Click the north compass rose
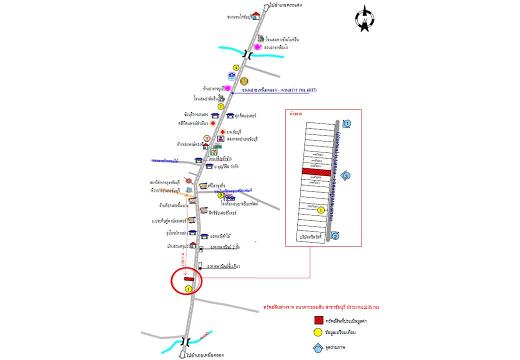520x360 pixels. click(365, 19)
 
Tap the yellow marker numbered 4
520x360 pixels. click(236, 67)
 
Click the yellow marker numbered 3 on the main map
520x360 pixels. click(221, 106)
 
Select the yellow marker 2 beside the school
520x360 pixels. click(220, 195)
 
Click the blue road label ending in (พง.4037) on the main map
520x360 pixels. click(276, 90)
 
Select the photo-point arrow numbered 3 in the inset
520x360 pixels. click(346, 175)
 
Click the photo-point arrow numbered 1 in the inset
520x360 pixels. click(347, 123)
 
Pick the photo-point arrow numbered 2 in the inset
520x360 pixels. click(335, 236)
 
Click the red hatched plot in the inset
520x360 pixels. click(316, 172)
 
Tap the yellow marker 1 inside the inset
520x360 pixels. click(321, 210)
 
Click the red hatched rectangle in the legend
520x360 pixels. click(318, 320)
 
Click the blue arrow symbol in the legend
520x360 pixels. click(318, 348)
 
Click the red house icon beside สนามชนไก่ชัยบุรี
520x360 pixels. click(256, 16)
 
